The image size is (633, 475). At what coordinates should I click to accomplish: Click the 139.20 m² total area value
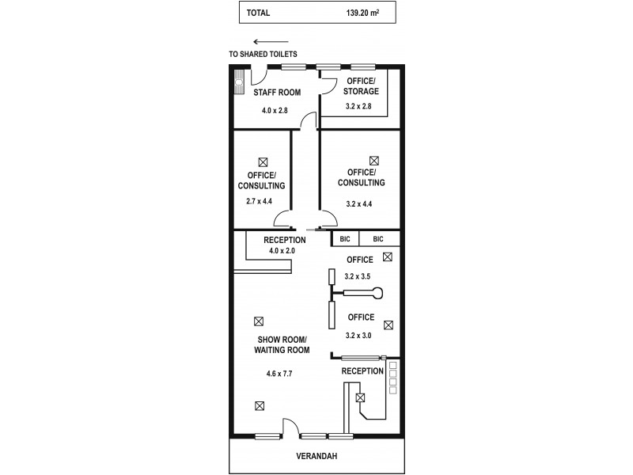[362, 13]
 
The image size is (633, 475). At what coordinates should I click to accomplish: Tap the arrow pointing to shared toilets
[271, 42]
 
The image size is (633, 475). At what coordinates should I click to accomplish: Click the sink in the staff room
[240, 82]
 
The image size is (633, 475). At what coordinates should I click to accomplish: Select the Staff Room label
[277, 93]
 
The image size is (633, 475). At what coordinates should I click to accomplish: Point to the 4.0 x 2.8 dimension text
[275, 110]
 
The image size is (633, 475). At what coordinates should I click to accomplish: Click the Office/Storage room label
[361, 86]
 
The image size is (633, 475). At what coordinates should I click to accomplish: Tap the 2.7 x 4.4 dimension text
[260, 201]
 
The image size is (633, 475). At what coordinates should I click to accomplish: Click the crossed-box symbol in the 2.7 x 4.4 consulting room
[263, 162]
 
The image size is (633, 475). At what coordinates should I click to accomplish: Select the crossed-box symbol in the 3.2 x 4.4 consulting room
[374, 161]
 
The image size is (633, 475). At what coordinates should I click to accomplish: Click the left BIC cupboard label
[345, 239]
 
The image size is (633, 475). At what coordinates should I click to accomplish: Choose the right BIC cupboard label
[378, 239]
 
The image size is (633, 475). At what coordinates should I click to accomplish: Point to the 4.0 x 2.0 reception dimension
[282, 251]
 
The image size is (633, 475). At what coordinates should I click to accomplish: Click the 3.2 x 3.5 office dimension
[358, 276]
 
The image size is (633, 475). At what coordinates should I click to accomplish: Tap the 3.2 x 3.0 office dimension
[358, 335]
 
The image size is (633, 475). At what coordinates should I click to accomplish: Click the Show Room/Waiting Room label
[282, 344]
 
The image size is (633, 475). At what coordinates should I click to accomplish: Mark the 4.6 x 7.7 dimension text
[279, 374]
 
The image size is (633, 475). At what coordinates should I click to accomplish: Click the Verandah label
[316, 456]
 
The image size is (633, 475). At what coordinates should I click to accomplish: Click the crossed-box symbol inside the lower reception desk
[360, 398]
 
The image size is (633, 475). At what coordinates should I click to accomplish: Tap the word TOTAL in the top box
[258, 13]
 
